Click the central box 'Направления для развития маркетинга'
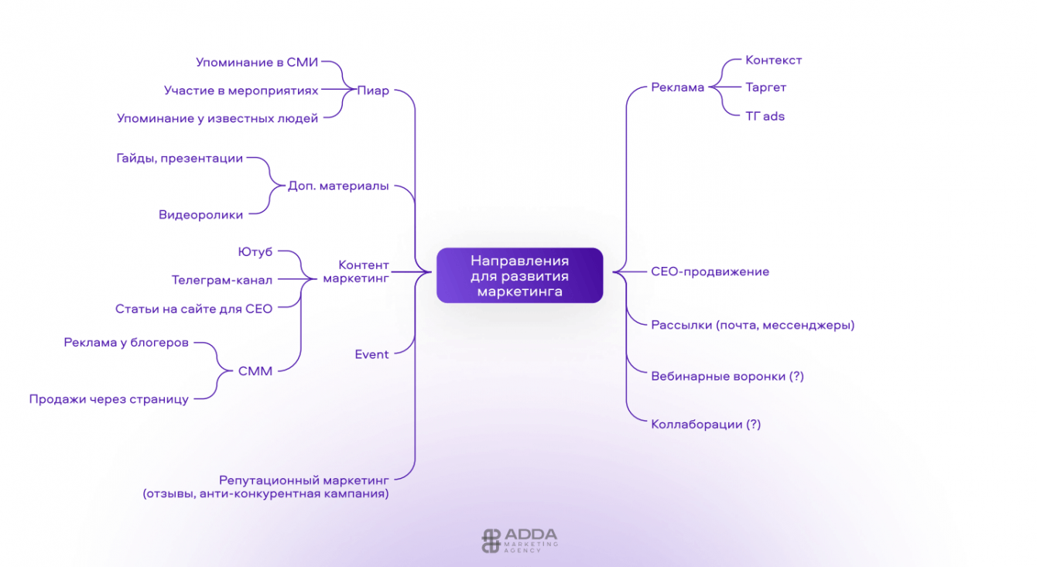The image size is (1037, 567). [519, 275]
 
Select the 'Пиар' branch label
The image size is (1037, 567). [373, 91]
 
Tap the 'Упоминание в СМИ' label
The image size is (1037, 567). [257, 62]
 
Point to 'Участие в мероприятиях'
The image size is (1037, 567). [241, 91]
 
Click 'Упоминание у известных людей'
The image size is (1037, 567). [217, 118]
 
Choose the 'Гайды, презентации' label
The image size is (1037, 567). [180, 159]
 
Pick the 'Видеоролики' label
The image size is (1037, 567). [200, 215]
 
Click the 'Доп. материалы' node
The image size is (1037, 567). [338, 186]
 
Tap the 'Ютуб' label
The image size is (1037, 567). [255, 251]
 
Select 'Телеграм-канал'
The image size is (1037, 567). [222, 280]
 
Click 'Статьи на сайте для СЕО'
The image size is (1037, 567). [193, 309]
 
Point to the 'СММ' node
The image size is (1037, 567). [255, 371]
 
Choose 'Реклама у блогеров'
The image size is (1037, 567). [126, 343]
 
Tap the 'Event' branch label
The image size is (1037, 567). [371, 354]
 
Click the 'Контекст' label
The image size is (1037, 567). [773, 60]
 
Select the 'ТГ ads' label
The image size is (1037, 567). [765, 116]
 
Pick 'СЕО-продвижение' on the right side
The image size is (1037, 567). [710, 272]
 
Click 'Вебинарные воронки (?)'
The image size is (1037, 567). [727, 376]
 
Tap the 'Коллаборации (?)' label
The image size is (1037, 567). [706, 424]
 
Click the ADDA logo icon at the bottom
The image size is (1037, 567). [491, 540]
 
